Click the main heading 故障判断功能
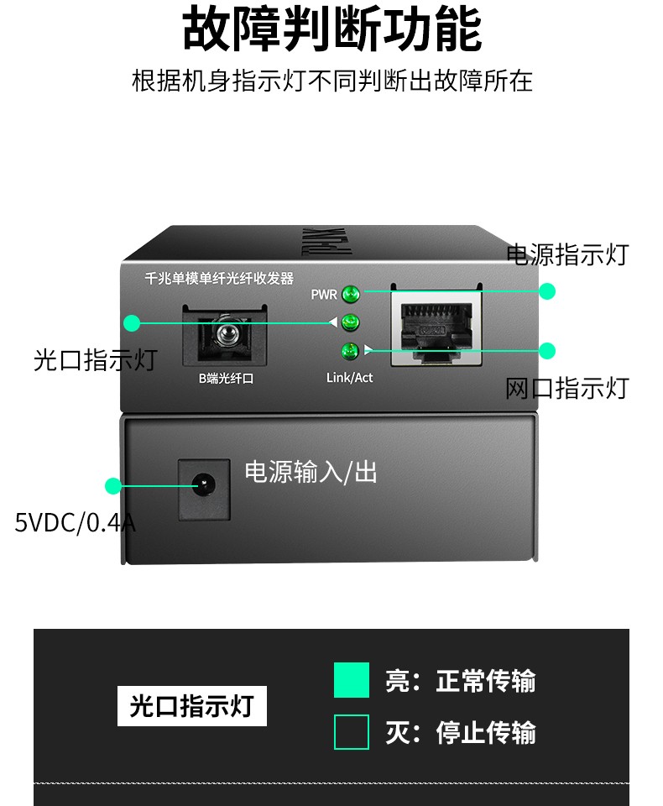[x=331, y=30]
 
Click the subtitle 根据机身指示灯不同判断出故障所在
[x=331, y=81]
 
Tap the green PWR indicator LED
[x=351, y=294]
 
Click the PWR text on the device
[x=323, y=295]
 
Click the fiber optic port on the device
[x=224, y=335]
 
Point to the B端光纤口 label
[x=226, y=379]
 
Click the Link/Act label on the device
[x=349, y=378]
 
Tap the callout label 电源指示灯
[x=566, y=254]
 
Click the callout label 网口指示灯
[x=566, y=388]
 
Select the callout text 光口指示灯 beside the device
[x=95, y=360]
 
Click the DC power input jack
[x=203, y=485]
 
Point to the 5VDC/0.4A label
[x=75, y=523]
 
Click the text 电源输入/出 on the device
[x=311, y=472]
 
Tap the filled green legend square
[x=351, y=680]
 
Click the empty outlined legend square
[x=351, y=732]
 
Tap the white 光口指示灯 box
[x=191, y=705]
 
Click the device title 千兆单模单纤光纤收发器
[x=219, y=279]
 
